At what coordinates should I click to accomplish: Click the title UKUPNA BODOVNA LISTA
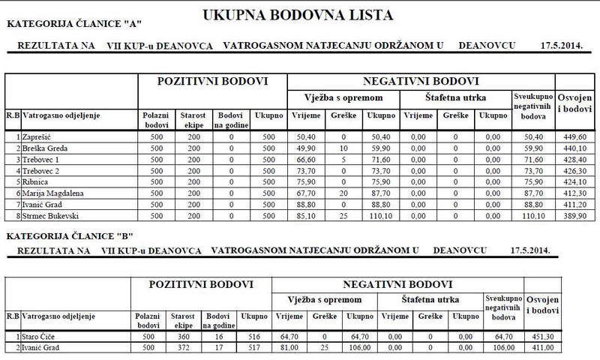tap(302, 14)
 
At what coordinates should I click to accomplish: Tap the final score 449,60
tap(573, 138)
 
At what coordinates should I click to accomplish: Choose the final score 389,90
tap(573, 216)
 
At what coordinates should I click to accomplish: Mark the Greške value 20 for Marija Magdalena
tap(343, 193)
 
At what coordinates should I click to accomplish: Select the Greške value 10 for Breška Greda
tap(343, 149)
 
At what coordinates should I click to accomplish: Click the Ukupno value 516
tap(250, 337)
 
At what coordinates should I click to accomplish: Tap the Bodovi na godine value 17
tap(217, 349)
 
